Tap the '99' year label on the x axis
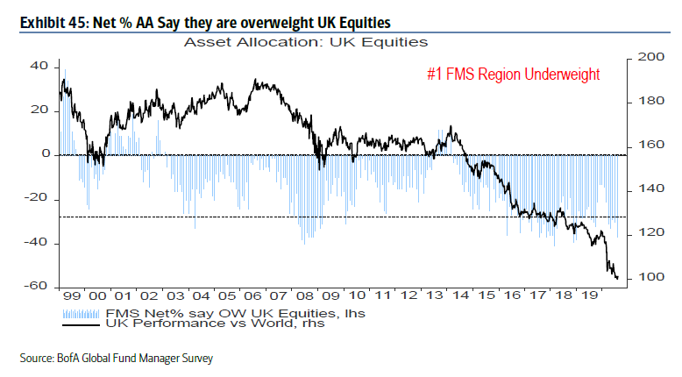[x=72, y=297]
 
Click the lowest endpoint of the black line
[x=617, y=279]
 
